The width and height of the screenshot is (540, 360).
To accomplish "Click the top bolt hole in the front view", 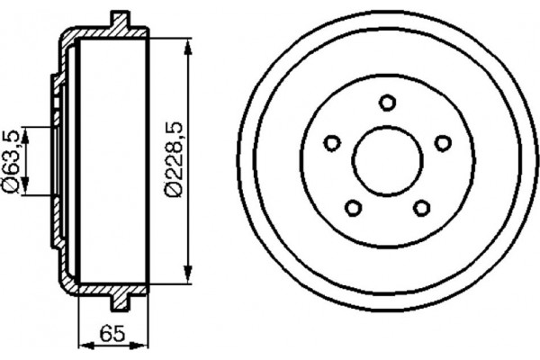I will coord(387,102).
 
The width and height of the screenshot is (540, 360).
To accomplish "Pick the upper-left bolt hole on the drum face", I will coord(331,142).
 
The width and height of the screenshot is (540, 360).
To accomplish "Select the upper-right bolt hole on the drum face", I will coord(442,142).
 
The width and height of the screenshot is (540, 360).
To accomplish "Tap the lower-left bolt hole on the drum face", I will coord(353,208).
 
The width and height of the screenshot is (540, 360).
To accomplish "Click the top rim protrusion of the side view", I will coord(119,18).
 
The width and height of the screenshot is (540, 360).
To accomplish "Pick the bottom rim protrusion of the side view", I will coord(119,302).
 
